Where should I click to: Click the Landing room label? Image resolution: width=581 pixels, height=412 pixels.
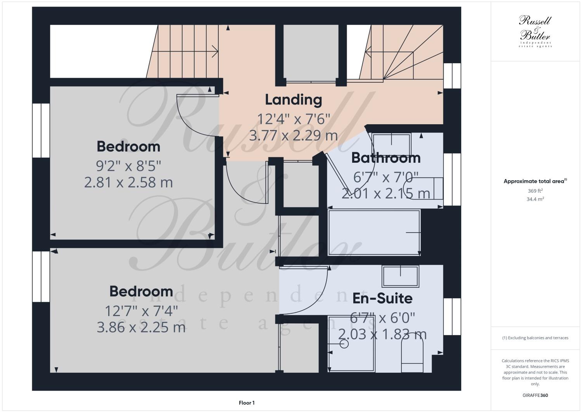293,100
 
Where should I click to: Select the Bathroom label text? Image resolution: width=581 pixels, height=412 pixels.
386,158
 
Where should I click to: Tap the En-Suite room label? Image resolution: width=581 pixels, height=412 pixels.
382,298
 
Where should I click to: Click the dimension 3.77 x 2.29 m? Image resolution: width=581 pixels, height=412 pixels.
293,136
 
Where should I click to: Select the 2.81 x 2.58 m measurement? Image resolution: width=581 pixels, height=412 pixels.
128,182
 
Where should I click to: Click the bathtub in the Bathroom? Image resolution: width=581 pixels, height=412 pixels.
374,232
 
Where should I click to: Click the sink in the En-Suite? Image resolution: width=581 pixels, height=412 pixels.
400,276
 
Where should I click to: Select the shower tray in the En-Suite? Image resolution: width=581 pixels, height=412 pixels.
351,344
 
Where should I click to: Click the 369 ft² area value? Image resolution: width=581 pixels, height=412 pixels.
535,191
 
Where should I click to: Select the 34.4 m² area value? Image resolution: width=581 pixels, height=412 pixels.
535,199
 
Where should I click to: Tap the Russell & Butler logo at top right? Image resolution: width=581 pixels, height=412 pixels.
535,31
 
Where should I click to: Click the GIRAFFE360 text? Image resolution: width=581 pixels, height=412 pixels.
535,395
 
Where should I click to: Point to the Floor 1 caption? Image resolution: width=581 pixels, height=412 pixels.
247,403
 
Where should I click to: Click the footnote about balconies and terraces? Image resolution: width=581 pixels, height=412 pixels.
535,337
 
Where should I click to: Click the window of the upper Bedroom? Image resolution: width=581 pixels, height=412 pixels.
41,130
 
